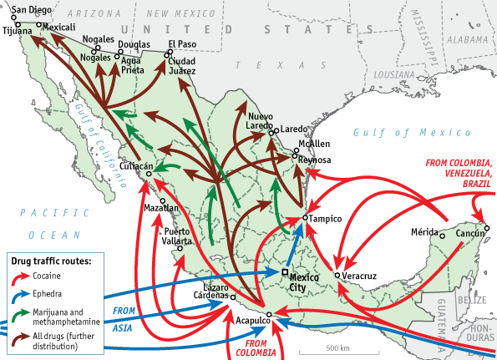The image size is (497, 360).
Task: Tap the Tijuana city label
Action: (18, 31)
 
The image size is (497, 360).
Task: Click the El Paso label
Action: (182, 43)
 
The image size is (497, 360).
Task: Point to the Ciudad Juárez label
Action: (182, 67)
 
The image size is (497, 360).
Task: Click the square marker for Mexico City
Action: (285, 273)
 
